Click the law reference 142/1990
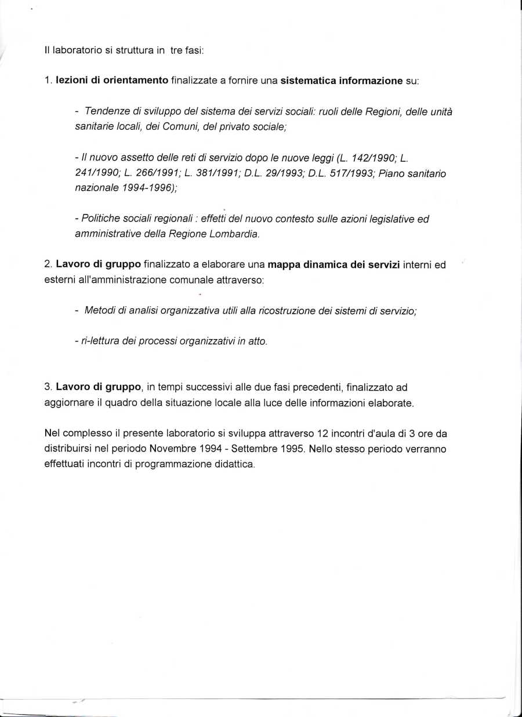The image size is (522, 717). pos(372,158)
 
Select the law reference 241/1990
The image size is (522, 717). pos(96,173)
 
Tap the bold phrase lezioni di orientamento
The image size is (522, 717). pos(112,81)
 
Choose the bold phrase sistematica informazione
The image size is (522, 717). pos(342,81)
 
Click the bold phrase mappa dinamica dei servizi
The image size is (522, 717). pos(333,265)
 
